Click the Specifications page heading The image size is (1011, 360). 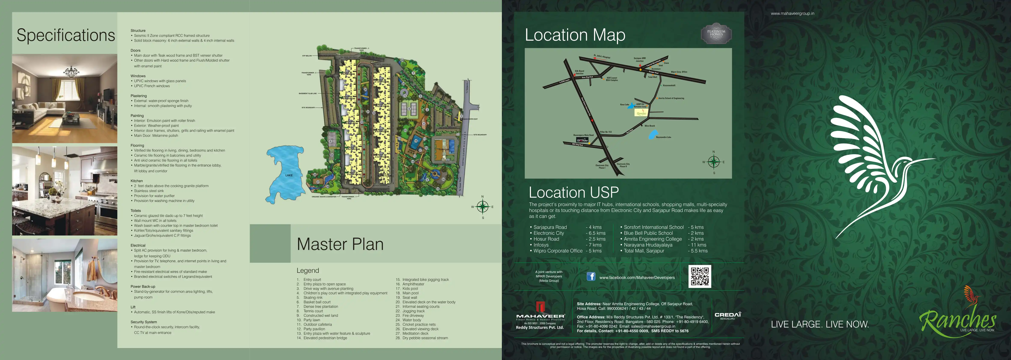click(66, 35)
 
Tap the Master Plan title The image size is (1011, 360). click(340, 244)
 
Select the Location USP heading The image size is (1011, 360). click(573, 192)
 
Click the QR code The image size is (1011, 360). click(699, 276)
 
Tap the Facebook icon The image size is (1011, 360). click(591, 276)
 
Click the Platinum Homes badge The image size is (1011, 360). click(716, 33)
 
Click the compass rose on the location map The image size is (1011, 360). click(714, 162)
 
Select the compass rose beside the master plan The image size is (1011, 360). click(482, 206)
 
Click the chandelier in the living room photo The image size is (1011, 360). click(71, 73)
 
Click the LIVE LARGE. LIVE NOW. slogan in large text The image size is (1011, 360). click(819, 324)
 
